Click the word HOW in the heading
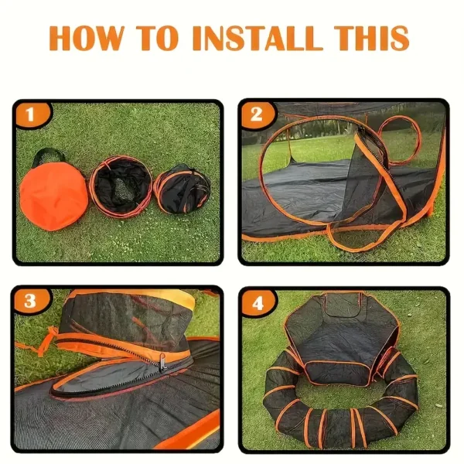pos(86,38)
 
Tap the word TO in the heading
pos(157,38)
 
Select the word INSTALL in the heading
pos(258,38)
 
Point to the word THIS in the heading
pos(372,38)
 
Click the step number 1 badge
pos(31,114)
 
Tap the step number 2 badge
pos(256,114)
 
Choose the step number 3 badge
pos(30,301)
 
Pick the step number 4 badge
pos(258,302)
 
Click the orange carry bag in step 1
pos(53,195)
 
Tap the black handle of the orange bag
pos(48,155)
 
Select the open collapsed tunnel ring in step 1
pos(121,186)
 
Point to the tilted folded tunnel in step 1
pos(182,189)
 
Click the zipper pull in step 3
pos(162,363)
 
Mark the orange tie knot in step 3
pos(47,339)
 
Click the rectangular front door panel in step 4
pos(337,371)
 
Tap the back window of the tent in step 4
pos(343,305)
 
